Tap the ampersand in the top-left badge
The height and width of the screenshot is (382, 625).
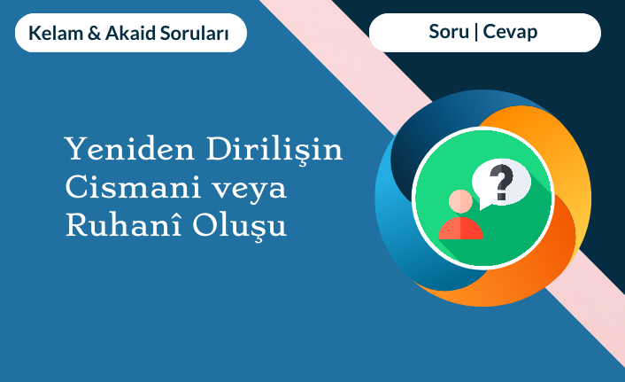tap(94, 33)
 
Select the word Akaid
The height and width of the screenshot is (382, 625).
tap(130, 33)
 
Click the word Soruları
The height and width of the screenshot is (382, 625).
tap(194, 33)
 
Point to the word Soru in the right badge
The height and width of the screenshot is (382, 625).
tap(449, 32)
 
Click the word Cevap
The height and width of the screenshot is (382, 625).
tap(510, 32)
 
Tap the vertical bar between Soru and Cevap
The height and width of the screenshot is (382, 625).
tap(476, 32)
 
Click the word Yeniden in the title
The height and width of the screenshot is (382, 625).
tap(129, 149)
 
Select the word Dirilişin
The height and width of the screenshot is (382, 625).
tap(274, 150)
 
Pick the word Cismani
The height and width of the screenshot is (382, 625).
tap(133, 186)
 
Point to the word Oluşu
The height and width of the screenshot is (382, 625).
tap(240, 226)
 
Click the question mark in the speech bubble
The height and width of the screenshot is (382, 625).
tap(501, 182)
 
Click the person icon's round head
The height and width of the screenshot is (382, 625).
tap(460, 201)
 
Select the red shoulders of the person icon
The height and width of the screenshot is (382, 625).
tap(460, 229)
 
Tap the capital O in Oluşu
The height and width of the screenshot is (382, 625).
tap(204, 225)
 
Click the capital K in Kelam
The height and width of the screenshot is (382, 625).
tap(34, 33)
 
